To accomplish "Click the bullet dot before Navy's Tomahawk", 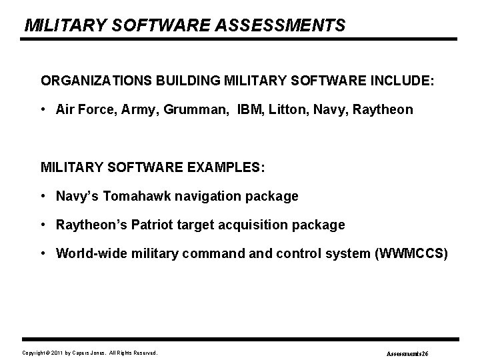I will click(43, 197).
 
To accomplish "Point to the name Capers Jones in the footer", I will click(87, 353).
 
